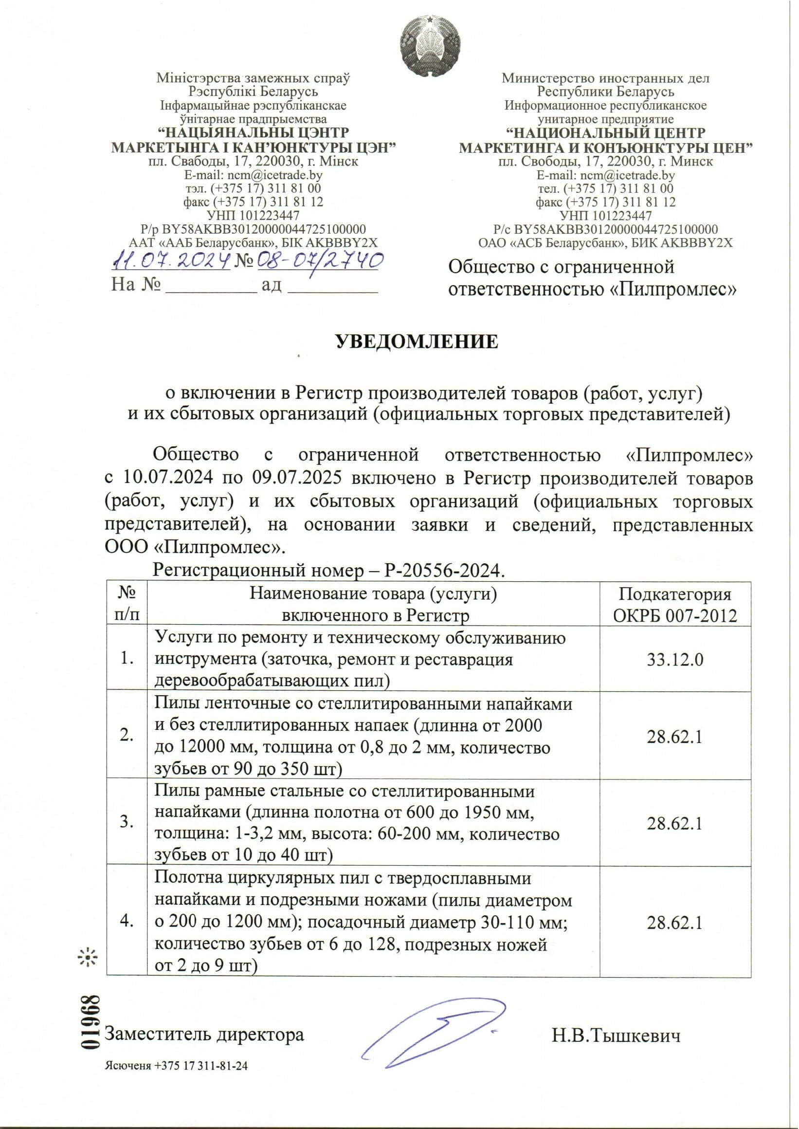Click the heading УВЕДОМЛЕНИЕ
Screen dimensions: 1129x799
[417, 342]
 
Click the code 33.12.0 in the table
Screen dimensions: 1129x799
[674, 660]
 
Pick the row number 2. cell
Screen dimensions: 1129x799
[127, 736]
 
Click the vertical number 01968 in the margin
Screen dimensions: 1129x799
[91, 1022]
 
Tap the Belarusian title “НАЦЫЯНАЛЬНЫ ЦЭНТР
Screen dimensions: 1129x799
[254, 133]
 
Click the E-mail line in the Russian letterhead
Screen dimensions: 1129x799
[605, 175]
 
